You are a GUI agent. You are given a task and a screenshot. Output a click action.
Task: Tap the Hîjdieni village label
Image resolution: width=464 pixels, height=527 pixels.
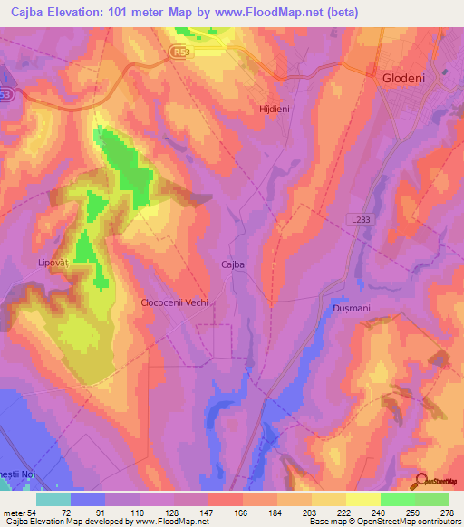click(x=274, y=109)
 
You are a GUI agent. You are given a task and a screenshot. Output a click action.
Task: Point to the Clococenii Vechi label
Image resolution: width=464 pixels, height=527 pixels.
click(x=175, y=303)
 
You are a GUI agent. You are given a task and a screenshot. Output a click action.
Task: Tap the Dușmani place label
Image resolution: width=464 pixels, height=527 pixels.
click(x=345, y=309)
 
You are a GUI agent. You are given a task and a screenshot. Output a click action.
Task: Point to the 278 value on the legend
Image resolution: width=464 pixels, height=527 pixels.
click(x=448, y=512)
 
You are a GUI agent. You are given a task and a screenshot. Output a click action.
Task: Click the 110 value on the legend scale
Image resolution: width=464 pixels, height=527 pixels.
click(x=140, y=512)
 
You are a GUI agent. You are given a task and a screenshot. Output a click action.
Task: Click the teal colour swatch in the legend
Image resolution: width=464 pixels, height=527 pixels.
click(x=53, y=499)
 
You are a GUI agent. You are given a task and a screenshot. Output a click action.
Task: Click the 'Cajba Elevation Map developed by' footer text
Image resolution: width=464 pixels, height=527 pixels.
click(x=54, y=522)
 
